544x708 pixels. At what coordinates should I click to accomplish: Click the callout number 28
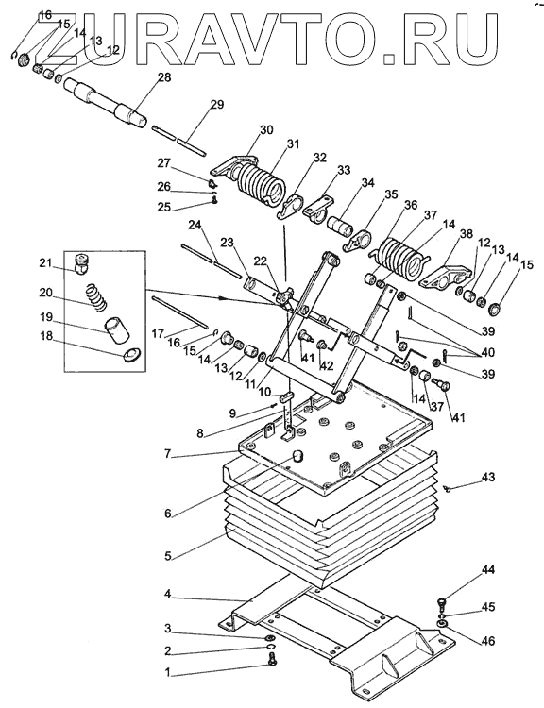point(164,77)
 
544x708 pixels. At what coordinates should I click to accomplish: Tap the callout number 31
point(293,144)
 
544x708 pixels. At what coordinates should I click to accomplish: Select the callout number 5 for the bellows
point(167,556)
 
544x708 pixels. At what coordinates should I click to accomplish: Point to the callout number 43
point(488,478)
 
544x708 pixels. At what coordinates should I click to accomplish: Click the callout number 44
point(488,571)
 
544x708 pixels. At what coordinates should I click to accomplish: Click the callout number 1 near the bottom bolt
point(167,673)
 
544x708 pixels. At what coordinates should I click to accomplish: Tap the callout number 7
point(167,454)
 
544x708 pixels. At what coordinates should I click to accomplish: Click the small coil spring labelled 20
point(96,296)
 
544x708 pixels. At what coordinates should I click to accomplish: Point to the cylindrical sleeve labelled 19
point(116,328)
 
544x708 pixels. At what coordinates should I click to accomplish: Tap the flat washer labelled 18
point(131,355)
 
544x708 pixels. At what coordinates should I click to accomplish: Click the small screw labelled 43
point(448,488)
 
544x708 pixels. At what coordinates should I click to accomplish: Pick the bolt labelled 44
point(441,602)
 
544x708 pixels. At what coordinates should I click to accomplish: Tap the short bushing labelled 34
point(341,226)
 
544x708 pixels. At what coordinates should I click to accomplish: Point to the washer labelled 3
point(271,638)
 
